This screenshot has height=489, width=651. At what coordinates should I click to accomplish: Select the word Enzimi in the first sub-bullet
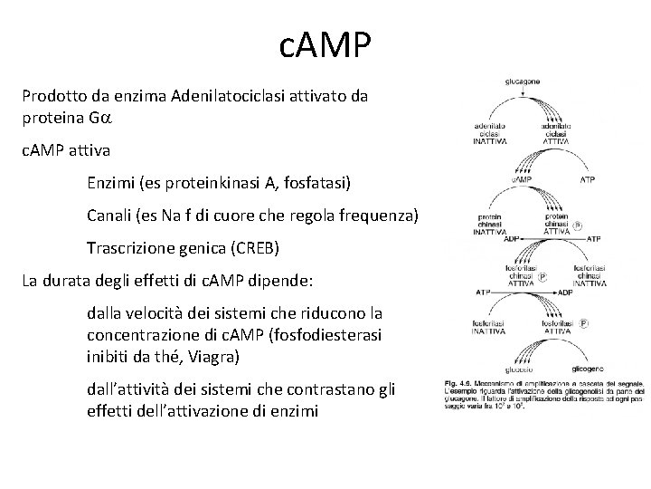110,183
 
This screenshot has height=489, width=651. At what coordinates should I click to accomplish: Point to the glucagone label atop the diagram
523,82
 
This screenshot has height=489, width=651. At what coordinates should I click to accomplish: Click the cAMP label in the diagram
523,179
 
